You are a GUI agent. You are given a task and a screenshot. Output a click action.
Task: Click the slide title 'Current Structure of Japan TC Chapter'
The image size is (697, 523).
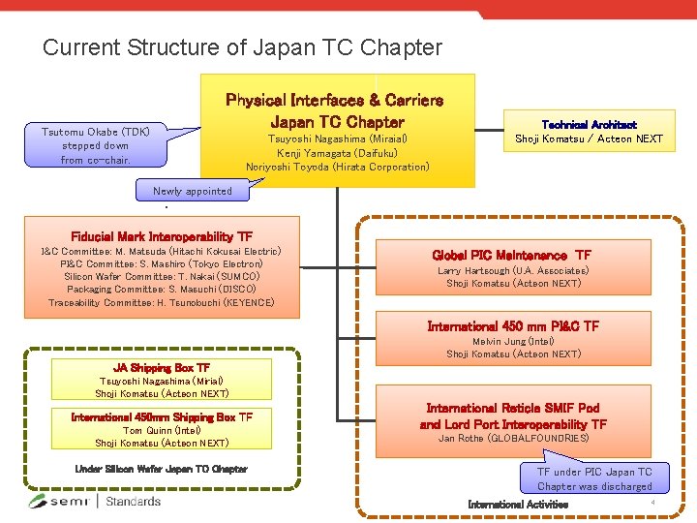242,47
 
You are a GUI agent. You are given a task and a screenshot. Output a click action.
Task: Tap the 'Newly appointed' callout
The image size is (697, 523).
193,191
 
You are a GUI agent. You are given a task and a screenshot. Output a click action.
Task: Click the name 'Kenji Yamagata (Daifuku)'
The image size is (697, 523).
337,153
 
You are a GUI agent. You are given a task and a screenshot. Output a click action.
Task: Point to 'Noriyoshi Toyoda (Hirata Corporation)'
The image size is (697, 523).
337,167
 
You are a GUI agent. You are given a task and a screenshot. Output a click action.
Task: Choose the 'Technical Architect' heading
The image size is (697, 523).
589,125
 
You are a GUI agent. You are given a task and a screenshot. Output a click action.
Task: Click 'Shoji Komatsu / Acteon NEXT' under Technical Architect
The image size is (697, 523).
589,138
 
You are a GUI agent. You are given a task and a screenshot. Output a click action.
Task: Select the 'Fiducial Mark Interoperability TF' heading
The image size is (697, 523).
162,237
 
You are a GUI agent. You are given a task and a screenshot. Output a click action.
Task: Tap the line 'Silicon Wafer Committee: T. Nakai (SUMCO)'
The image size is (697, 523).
162,276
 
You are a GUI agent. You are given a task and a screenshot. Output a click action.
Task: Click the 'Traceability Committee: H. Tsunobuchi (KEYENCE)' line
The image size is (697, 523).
162,302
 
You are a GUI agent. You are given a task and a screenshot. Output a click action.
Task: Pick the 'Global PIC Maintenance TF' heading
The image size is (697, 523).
512,256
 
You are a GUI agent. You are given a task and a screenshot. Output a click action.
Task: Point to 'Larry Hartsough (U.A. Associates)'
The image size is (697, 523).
513,271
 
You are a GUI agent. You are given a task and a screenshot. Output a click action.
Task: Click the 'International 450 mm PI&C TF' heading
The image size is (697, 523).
513,326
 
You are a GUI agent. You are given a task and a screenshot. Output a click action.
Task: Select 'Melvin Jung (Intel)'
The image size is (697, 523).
513,341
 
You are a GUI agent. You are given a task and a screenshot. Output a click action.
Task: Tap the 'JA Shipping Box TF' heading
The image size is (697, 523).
162,368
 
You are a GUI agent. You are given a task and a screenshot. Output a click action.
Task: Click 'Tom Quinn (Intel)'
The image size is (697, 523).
162,430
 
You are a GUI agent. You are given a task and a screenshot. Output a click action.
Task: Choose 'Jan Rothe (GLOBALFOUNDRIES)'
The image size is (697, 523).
513,438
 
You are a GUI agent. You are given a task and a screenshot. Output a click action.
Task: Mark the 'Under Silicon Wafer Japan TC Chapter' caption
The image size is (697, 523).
162,469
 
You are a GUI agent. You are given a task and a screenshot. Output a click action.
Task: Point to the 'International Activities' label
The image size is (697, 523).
518,505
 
